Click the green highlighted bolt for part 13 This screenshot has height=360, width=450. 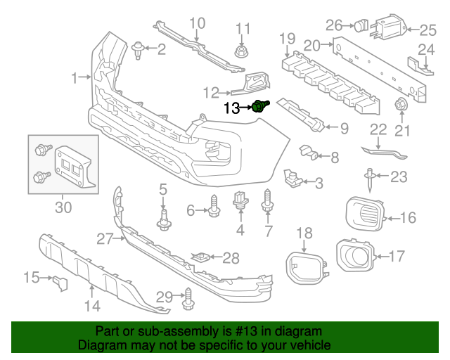[262, 107]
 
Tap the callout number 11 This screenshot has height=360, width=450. [243, 29]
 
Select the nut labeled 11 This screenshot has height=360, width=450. [242, 52]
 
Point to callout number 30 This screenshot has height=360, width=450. [63, 207]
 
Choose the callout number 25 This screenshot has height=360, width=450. [428, 30]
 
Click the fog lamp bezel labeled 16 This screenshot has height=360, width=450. [366, 214]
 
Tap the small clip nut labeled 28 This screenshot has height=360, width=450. [203, 257]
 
